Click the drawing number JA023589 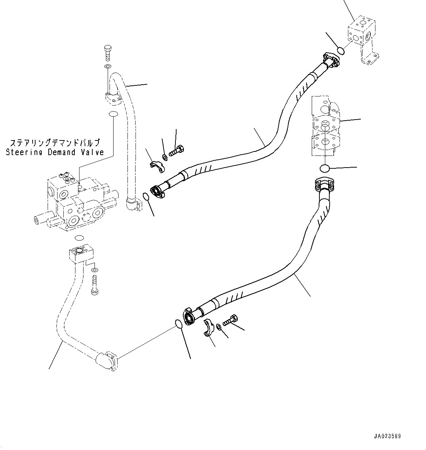point(387,436)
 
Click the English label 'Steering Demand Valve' point(55,152)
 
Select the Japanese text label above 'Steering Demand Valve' point(55,143)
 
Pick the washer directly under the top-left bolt point(107,66)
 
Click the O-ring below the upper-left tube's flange point(113,114)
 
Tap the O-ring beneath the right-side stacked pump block point(325,168)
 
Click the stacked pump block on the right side point(325,127)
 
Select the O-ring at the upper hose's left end point(146,197)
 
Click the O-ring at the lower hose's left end point(178,324)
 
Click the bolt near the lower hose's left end point(229,321)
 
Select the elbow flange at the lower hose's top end point(323,184)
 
